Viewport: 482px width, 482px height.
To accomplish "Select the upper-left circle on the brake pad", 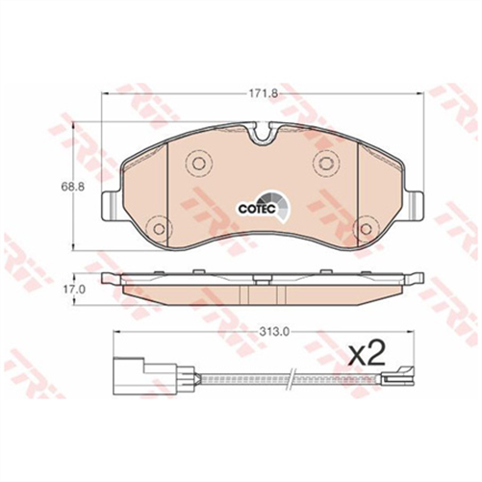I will (x=198, y=164).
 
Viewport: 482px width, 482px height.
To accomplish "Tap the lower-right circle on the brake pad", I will (x=364, y=229).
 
